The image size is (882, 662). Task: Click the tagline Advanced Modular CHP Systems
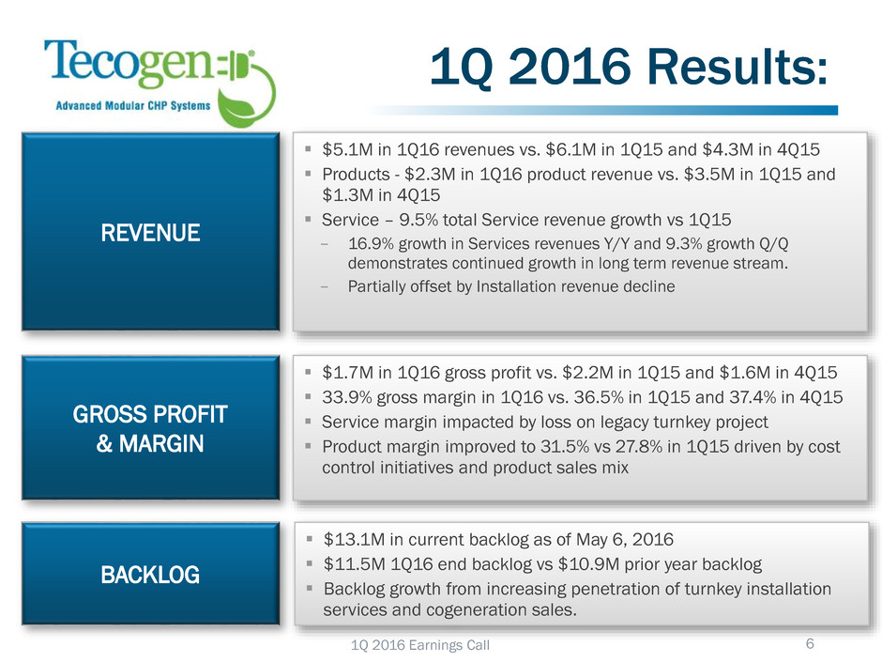(x=133, y=105)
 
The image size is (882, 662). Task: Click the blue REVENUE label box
(x=151, y=231)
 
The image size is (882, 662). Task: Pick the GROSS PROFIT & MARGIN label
(x=151, y=428)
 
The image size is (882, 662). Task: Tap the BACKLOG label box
(x=151, y=574)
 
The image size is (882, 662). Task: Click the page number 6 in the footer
(x=810, y=643)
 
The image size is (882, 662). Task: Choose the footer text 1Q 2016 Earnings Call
(x=420, y=645)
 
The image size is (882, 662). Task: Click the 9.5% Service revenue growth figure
(x=418, y=220)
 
